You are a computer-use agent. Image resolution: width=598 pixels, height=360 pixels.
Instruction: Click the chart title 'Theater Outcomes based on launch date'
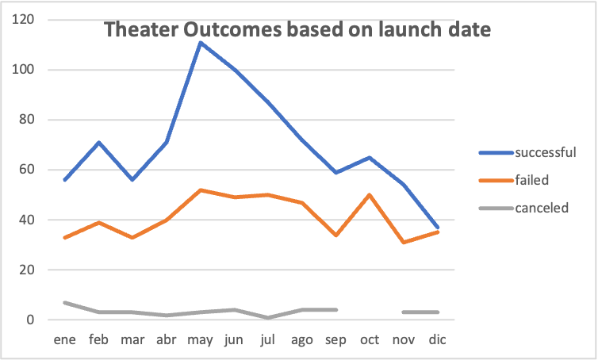pos(297,30)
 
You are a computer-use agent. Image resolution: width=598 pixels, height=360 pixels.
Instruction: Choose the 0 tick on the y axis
pos(33,320)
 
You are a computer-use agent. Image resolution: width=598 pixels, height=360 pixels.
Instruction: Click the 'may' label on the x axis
pos(200,339)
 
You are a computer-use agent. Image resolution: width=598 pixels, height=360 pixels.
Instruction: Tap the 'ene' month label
pos(64,339)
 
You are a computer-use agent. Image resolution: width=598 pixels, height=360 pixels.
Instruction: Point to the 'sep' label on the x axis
pos(336,339)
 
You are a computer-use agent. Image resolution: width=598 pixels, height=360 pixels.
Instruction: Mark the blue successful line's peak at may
pos(200,42)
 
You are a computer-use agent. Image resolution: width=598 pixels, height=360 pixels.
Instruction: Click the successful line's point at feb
pos(98,142)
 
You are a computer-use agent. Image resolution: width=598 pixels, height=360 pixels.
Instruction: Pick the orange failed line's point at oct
pos(370,194)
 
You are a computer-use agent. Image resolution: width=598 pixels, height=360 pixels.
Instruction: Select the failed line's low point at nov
pos(404,242)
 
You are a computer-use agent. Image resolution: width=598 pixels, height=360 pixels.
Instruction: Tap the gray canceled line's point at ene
pos(64,302)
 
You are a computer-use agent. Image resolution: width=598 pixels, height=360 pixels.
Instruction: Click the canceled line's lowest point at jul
pos(268,317)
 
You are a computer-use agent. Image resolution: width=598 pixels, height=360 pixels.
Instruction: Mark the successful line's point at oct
pos(370,157)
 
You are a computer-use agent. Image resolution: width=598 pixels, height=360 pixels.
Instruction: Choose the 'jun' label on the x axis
pos(234,339)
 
